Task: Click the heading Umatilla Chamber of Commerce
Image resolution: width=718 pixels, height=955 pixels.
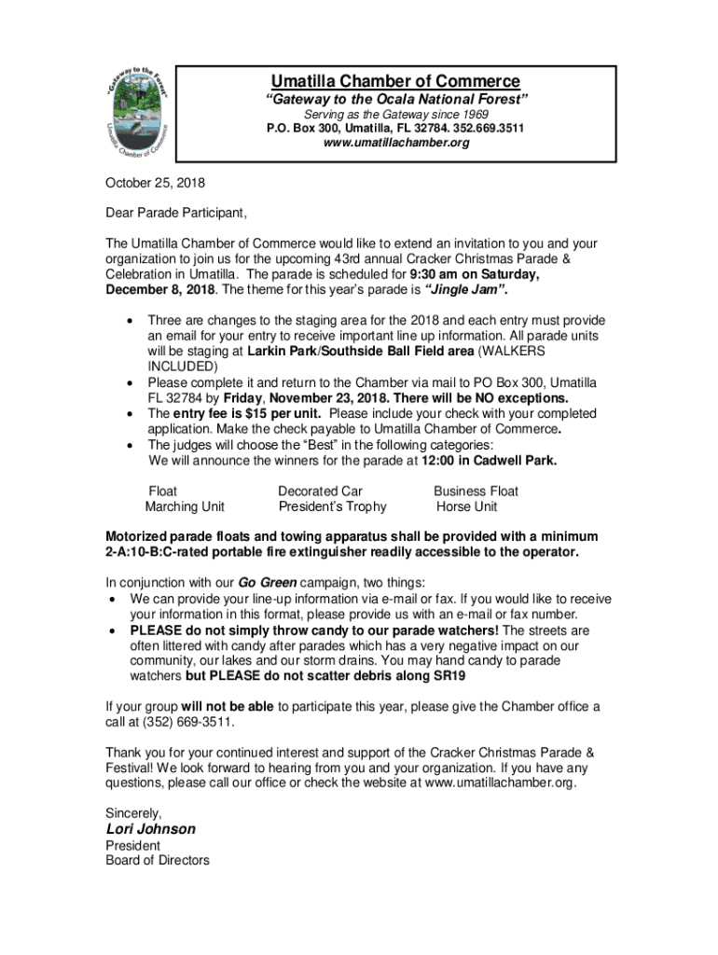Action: (x=395, y=81)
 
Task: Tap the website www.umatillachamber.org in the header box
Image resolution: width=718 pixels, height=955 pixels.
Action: (x=395, y=143)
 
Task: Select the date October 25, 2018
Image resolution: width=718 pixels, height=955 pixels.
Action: (x=155, y=183)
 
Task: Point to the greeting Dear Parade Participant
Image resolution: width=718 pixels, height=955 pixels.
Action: (x=175, y=213)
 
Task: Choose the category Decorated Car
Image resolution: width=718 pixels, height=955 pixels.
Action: (x=320, y=491)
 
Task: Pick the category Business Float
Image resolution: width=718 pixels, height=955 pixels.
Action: (x=476, y=491)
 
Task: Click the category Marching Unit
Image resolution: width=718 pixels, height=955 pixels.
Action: (x=185, y=506)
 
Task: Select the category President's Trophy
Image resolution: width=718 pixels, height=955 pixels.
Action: (x=332, y=506)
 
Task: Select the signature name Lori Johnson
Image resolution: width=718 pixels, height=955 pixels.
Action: (x=150, y=829)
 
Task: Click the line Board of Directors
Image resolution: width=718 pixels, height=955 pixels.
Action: (x=157, y=860)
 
